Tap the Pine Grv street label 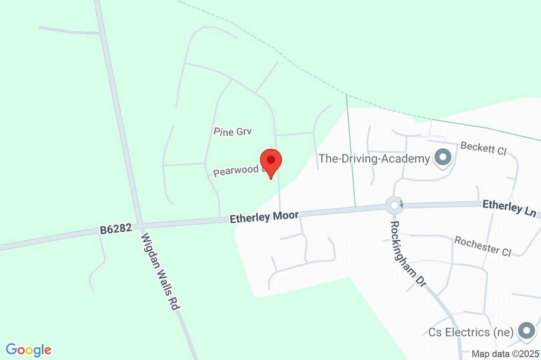(x=233, y=131)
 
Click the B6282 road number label (x=115, y=230)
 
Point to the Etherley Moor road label (x=264, y=216)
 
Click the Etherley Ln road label (x=509, y=207)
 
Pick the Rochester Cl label (x=482, y=245)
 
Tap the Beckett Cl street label (x=483, y=148)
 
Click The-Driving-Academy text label (x=375, y=158)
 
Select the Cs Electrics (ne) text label (x=471, y=332)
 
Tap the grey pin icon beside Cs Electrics (x=526, y=331)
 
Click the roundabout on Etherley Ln (x=394, y=205)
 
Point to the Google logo (x=29, y=349)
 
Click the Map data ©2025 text (x=505, y=354)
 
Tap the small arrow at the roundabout (x=402, y=203)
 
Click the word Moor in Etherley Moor (x=285, y=215)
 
